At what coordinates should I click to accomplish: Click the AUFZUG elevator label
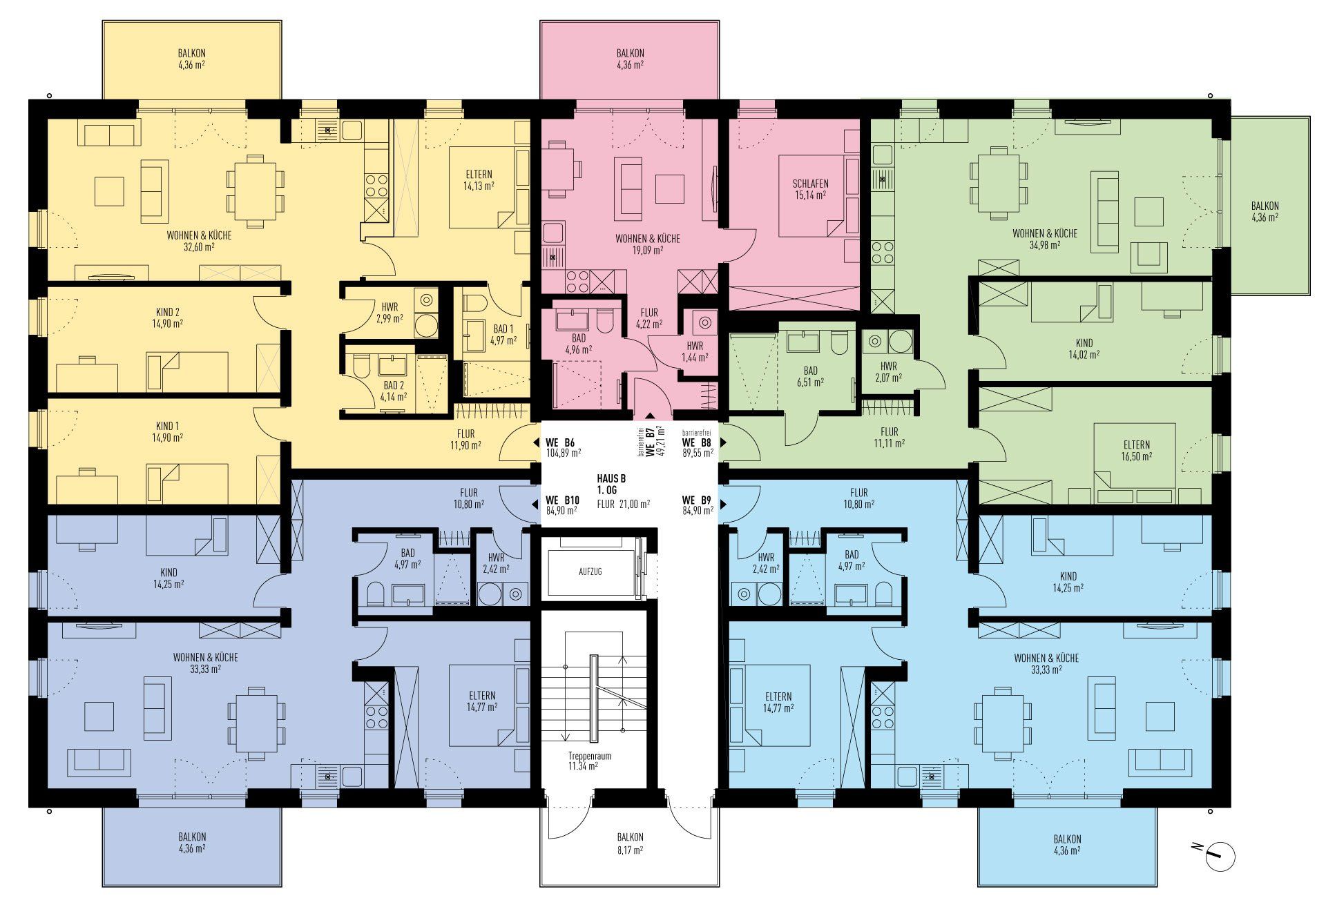point(590,572)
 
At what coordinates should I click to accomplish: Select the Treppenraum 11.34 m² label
point(589,761)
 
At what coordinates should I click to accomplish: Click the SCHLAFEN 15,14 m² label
point(811,189)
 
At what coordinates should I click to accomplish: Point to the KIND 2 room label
point(168,312)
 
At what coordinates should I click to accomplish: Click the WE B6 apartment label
point(560,442)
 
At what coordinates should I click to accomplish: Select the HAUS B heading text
point(611,478)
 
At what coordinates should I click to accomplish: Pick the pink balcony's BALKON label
point(631,53)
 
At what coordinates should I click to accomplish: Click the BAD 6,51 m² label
point(811,375)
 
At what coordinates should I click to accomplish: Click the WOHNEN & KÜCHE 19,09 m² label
point(648,244)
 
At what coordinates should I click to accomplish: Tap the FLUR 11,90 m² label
point(465,439)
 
